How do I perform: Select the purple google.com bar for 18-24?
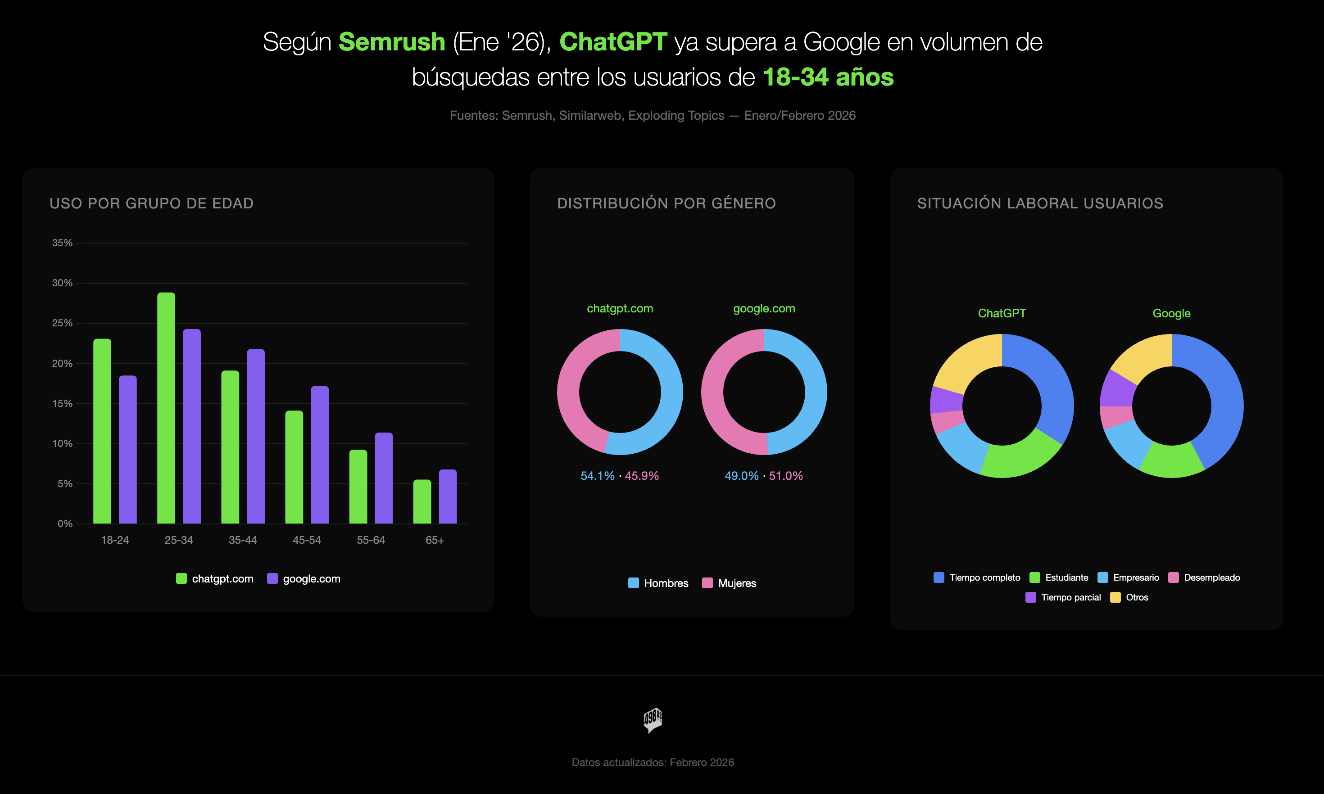coord(128,449)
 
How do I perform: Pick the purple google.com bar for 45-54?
coord(319,455)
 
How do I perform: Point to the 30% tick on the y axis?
coord(62,283)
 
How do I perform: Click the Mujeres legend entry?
coord(729,583)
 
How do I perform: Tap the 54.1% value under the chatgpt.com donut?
coord(597,476)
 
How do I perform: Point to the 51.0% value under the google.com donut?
coord(786,476)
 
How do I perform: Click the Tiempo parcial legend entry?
coord(1063,598)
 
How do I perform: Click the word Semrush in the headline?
coord(392,42)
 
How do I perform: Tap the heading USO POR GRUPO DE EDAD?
coord(151,203)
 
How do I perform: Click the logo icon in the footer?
coord(653,720)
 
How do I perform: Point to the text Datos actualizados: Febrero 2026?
coord(653,762)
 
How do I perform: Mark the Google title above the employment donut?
coord(1171,314)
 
